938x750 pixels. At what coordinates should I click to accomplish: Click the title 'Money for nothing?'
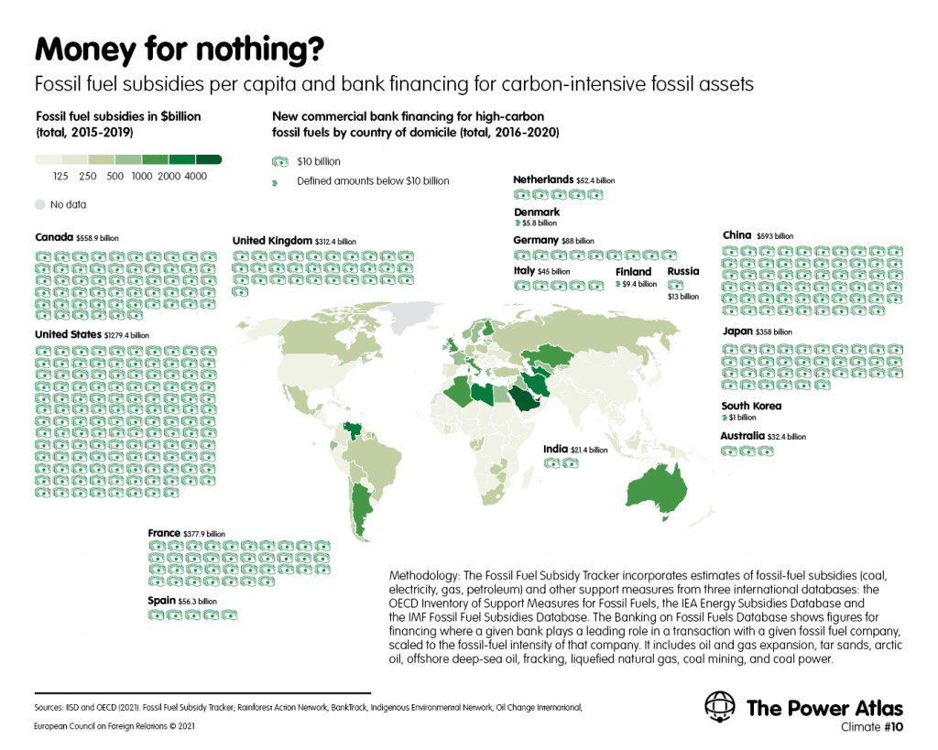(x=180, y=49)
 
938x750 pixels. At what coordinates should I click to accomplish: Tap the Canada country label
(x=54, y=237)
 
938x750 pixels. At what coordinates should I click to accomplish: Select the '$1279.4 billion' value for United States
(x=126, y=335)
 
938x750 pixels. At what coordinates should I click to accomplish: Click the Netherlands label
(x=543, y=179)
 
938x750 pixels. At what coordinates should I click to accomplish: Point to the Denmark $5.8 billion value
(x=540, y=223)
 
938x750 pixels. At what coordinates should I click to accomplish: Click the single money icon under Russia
(x=675, y=286)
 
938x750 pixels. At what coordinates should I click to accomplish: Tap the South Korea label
(x=751, y=406)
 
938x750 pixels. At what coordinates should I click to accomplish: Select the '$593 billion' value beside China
(x=775, y=236)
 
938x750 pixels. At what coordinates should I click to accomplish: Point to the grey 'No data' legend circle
(x=40, y=204)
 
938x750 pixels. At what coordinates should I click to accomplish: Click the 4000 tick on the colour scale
(x=196, y=177)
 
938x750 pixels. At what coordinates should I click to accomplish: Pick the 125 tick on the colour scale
(x=60, y=177)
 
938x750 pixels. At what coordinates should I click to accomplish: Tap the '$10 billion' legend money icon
(x=280, y=161)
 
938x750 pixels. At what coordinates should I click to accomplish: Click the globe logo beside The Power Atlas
(x=720, y=706)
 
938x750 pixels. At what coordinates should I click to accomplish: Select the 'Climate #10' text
(x=872, y=727)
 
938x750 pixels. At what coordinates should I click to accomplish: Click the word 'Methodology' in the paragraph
(x=423, y=576)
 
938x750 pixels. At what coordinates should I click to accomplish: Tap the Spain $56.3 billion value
(x=198, y=602)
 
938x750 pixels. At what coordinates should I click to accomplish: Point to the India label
(x=555, y=449)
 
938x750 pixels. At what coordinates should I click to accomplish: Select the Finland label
(x=633, y=272)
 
